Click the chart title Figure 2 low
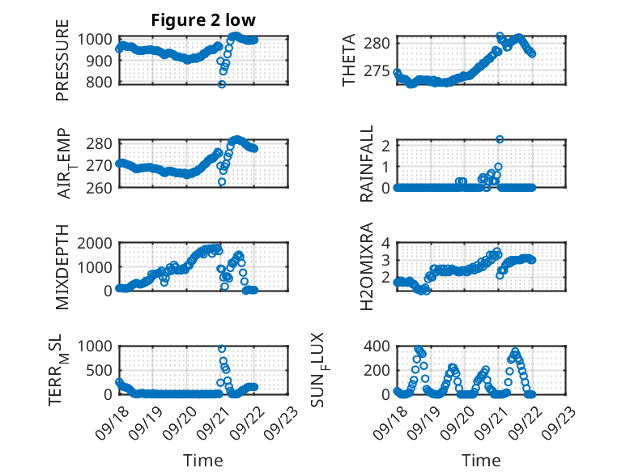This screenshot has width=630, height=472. (x=203, y=21)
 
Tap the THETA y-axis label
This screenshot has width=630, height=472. (x=350, y=61)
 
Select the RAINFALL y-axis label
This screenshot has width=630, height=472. (x=367, y=164)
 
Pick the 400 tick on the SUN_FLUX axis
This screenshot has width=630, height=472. (x=378, y=347)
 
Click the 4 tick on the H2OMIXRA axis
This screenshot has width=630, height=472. (x=386, y=243)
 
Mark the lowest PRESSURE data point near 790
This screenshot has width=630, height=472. (x=221, y=84)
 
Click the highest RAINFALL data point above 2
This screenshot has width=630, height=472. (x=500, y=139)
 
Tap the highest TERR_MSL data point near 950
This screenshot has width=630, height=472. (x=222, y=349)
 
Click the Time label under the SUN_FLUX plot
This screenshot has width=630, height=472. (x=481, y=461)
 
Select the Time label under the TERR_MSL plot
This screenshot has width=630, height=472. (x=203, y=461)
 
